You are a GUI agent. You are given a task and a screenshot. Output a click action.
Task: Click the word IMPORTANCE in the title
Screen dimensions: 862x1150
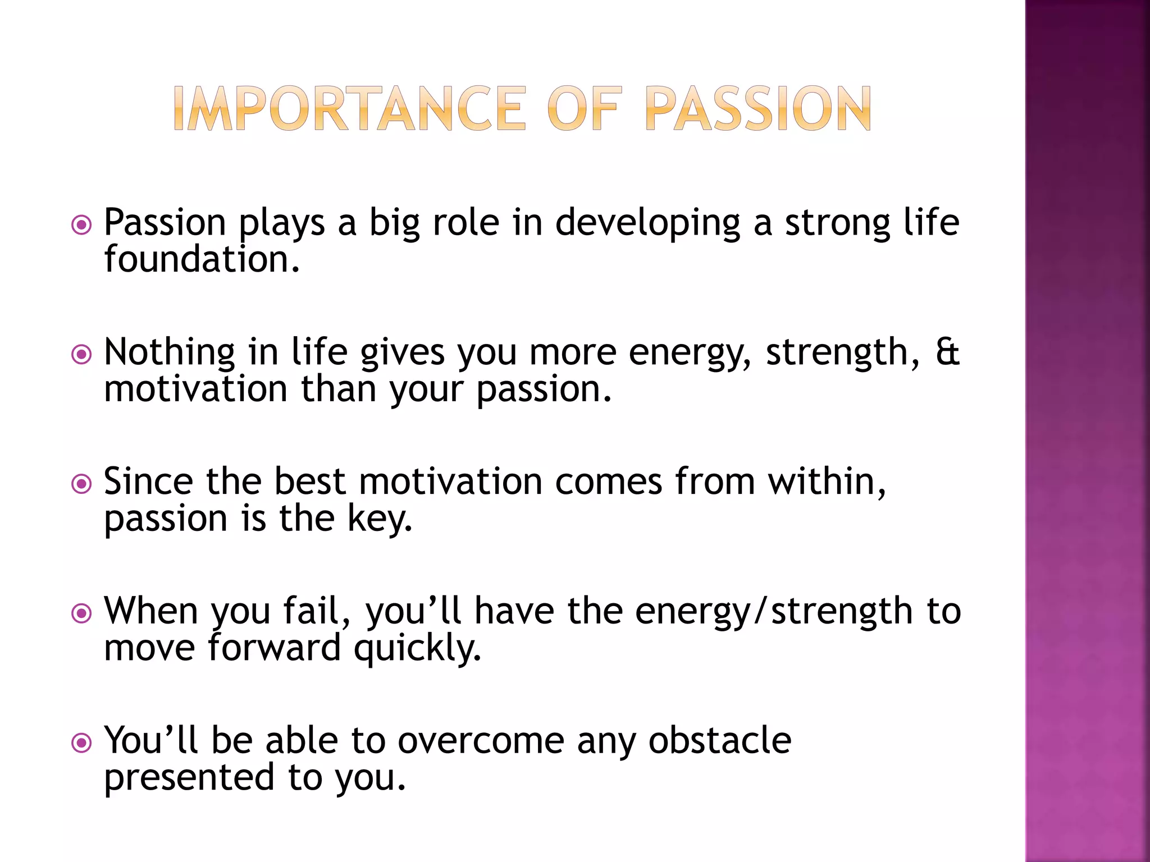click(349, 109)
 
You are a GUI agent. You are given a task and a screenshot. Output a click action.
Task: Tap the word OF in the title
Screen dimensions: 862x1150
click(584, 109)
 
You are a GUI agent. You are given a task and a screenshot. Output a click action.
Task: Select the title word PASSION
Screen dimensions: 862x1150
click(758, 109)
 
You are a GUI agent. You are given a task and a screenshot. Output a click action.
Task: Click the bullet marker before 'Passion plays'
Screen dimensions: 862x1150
click(82, 226)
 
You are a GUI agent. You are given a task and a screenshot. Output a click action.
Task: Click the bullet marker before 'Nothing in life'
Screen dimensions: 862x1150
click(82, 355)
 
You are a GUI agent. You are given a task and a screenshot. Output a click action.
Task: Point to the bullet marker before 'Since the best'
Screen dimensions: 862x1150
click(82, 484)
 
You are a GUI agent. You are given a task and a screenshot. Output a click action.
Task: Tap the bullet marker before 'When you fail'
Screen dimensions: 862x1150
click(82, 613)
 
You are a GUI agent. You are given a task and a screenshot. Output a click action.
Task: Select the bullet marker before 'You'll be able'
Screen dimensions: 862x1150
click(82, 743)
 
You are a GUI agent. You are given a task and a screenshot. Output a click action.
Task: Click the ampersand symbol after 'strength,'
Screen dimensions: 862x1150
click(947, 352)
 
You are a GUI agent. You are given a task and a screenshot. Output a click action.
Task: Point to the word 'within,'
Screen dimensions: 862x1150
click(827, 482)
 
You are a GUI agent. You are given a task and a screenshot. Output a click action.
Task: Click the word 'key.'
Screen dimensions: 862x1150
click(380, 520)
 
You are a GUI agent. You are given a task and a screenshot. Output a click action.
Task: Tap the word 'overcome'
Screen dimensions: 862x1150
click(481, 741)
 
